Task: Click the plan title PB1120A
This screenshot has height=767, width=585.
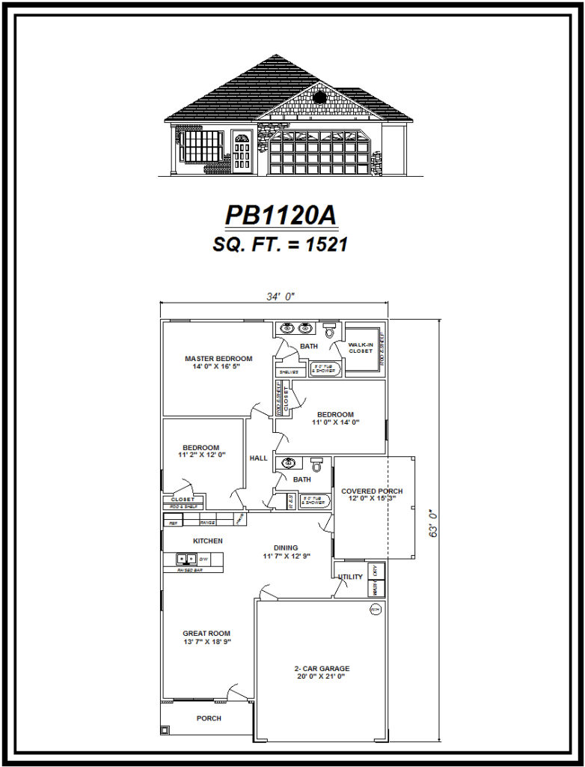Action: pos(281,215)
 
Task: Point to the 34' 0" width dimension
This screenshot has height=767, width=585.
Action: pos(281,297)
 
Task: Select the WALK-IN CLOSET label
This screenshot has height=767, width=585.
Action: pos(361,348)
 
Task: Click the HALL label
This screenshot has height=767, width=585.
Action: pos(258,458)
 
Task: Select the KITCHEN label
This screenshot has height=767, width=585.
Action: pos(208,541)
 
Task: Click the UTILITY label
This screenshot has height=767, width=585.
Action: pos(351,577)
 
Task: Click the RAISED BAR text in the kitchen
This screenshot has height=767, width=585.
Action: pos(189,570)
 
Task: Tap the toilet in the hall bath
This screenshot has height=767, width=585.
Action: pos(316,465)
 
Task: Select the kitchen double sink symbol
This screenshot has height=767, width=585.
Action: pos(186,558)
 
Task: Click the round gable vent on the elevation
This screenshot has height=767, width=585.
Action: pos(319,97)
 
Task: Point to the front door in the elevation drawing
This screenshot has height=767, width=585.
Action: pos(242,153)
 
